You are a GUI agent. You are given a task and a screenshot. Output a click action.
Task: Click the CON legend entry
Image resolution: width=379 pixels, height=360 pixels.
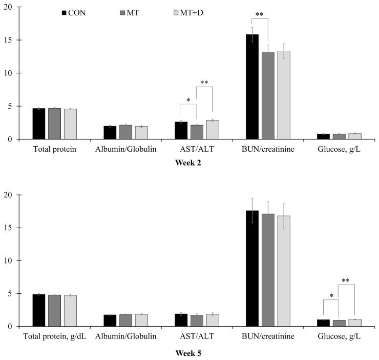coord(73,13)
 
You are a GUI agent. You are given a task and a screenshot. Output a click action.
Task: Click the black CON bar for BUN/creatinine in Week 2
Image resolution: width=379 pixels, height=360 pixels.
coord(252,87)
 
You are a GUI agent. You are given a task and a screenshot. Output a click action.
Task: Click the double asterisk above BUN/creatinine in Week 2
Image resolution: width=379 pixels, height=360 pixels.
coord(260,15)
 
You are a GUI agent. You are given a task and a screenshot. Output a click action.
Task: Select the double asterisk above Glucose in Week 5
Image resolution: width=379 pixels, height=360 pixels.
coord(346,281)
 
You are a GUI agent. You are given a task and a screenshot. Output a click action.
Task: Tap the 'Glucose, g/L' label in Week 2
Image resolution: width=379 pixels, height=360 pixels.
coord(339,151)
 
